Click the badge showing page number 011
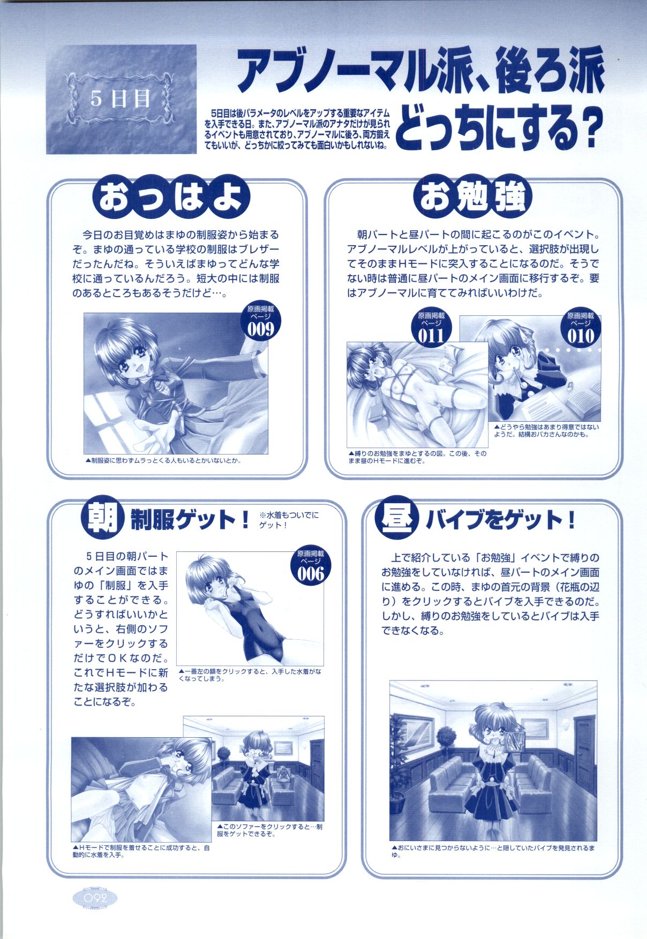(x=431, y=328)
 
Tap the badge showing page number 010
(x=581, y=328)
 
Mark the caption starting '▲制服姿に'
(x=162, y=460)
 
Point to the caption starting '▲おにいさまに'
(x=493, y=866)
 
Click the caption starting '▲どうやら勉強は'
(x=546, y=431)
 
